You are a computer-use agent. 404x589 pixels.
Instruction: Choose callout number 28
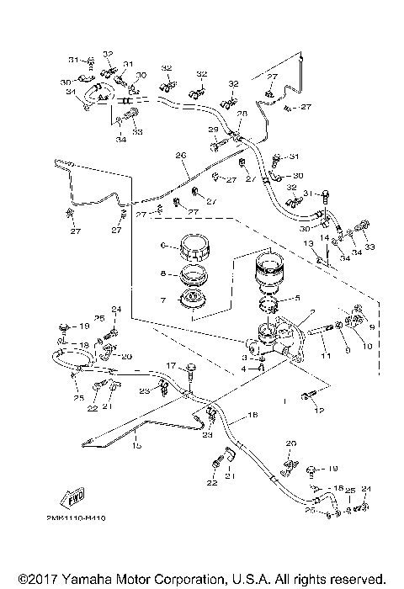click(242, 114)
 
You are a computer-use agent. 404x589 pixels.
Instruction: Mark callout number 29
click(214, 130)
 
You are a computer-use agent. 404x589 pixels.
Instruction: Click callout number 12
click(319, 411)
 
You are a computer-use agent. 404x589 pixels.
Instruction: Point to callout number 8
click(166, 273)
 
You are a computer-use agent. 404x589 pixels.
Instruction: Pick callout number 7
click(166, 300)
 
